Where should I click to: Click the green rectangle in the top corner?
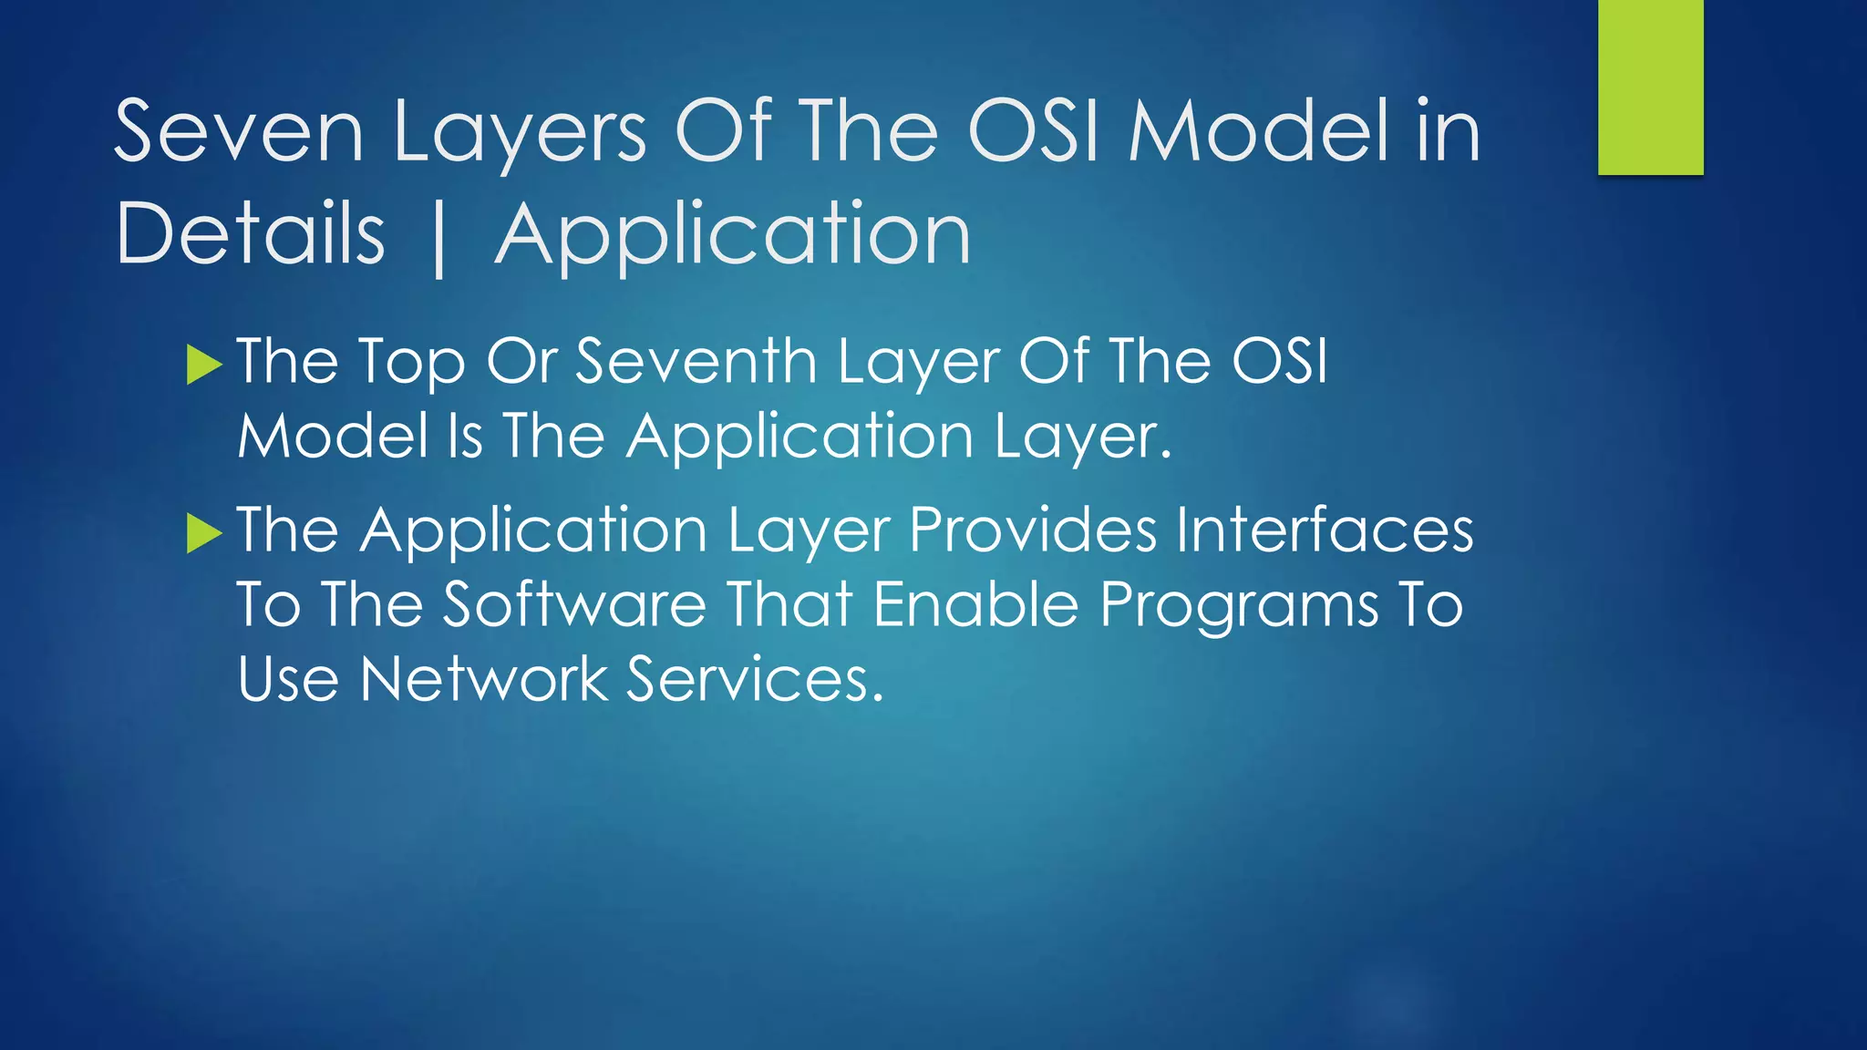pos(1650,87)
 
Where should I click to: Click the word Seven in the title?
pos(239,132)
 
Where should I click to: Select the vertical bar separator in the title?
pos(439,239)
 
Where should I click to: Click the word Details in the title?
pos(251,235)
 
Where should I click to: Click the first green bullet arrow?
pos(204,365)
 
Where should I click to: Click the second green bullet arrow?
pos(204,533)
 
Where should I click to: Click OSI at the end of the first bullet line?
pos(1279,362)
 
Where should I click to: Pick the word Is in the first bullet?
pos(465,436)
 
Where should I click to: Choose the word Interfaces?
pos(1324,530)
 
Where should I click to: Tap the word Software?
pos(574,605)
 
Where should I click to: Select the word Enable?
pos(975,605)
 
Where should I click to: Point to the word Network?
pos(483,680)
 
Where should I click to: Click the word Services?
pos(755,680)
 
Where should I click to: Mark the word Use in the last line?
pos(288,680)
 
